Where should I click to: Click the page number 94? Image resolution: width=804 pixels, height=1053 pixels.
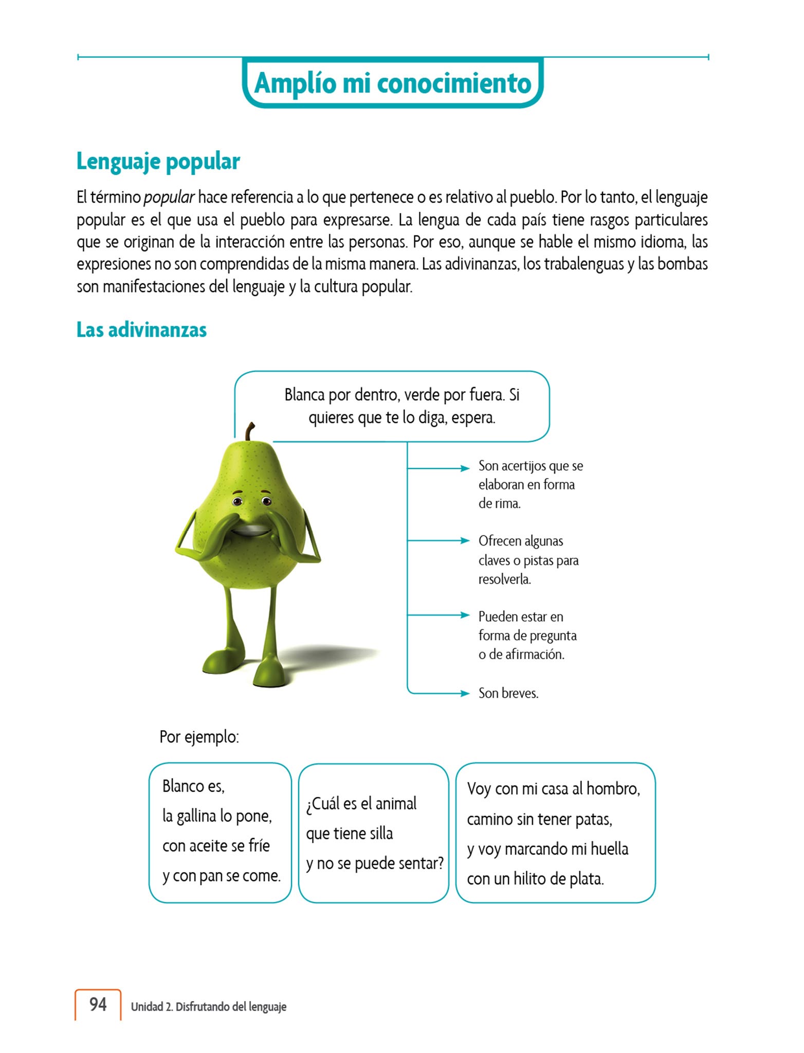(98, 1004)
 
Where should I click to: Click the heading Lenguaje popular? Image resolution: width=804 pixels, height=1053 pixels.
(158, 161)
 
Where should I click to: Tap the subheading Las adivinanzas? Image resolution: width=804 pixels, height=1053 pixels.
(141, 330)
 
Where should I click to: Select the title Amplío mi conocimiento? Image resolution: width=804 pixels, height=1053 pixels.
(393, 83)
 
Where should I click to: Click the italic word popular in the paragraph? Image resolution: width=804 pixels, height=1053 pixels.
(169, 197)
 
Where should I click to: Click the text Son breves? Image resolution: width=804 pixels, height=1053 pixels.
(508, 693)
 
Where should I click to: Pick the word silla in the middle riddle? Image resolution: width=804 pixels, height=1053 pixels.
(381, 833)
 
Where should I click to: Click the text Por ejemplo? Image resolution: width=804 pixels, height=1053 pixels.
(199, 737)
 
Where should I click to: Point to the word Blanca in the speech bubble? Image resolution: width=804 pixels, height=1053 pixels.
(304, 395)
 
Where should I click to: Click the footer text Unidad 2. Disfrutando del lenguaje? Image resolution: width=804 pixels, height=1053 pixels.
(208, 1007)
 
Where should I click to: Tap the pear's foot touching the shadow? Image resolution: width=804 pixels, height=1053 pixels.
(268, 674)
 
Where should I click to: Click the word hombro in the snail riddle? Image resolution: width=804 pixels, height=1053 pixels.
(612, 789)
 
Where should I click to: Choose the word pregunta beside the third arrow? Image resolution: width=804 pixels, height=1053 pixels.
(553, 636)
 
